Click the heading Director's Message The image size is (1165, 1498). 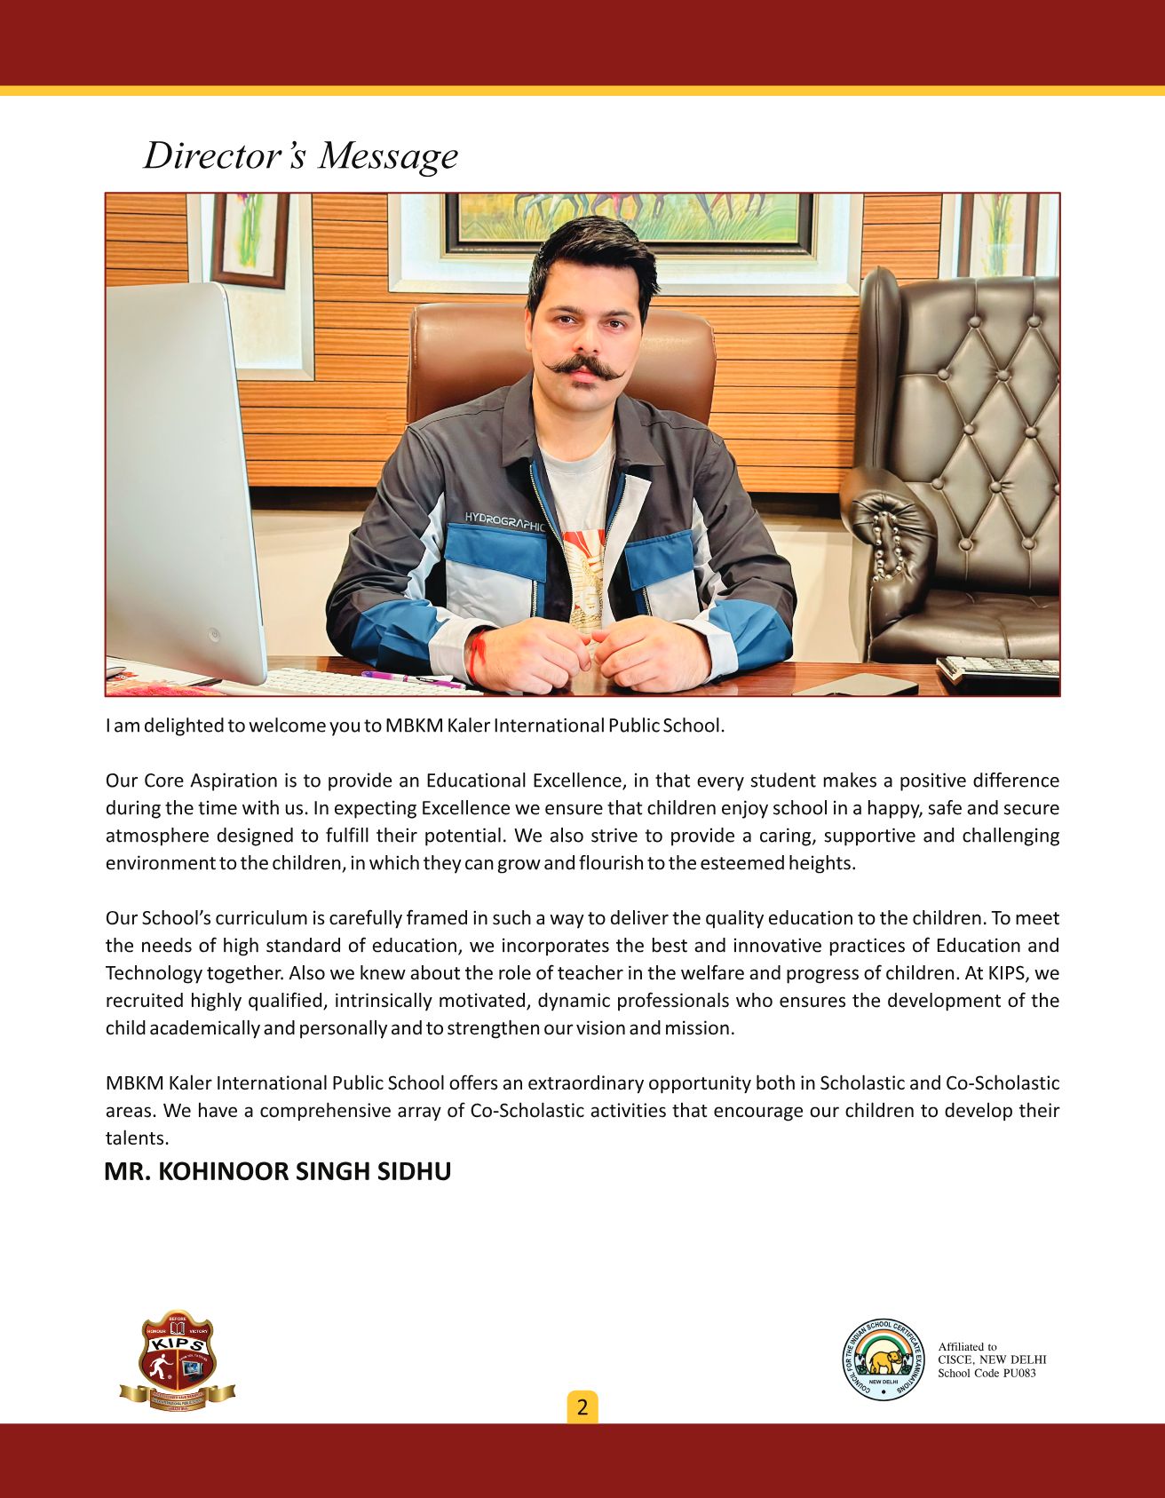(301, 155)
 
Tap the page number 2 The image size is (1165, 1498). (582, 1407)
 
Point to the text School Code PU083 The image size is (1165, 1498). (987, 1374)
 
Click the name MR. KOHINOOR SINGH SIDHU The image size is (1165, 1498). (278, 1172)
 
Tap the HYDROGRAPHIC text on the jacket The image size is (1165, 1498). (503, 521)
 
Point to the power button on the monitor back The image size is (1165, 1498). (214, 635)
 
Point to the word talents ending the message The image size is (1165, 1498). (136, 1138)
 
